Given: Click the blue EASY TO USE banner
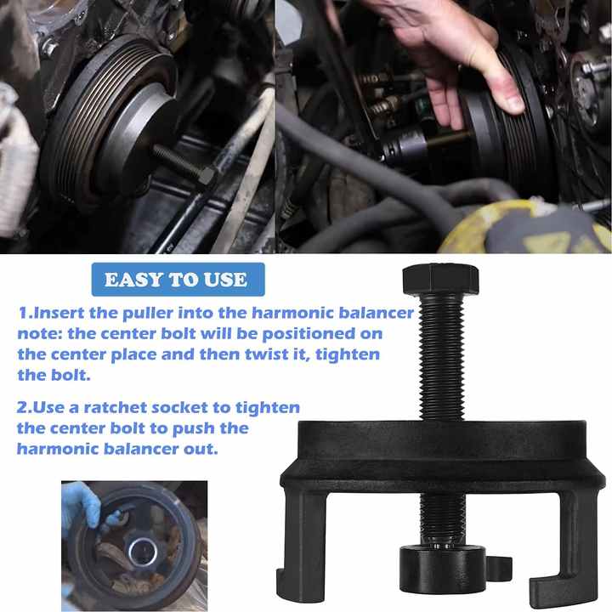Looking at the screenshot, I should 178,280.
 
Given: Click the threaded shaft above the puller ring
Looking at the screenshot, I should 441,357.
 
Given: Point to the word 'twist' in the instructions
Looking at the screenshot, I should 269,353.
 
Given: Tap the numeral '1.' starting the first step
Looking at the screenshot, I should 26,313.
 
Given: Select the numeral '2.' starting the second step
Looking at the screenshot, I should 26,408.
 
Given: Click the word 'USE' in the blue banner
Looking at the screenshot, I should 225,280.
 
